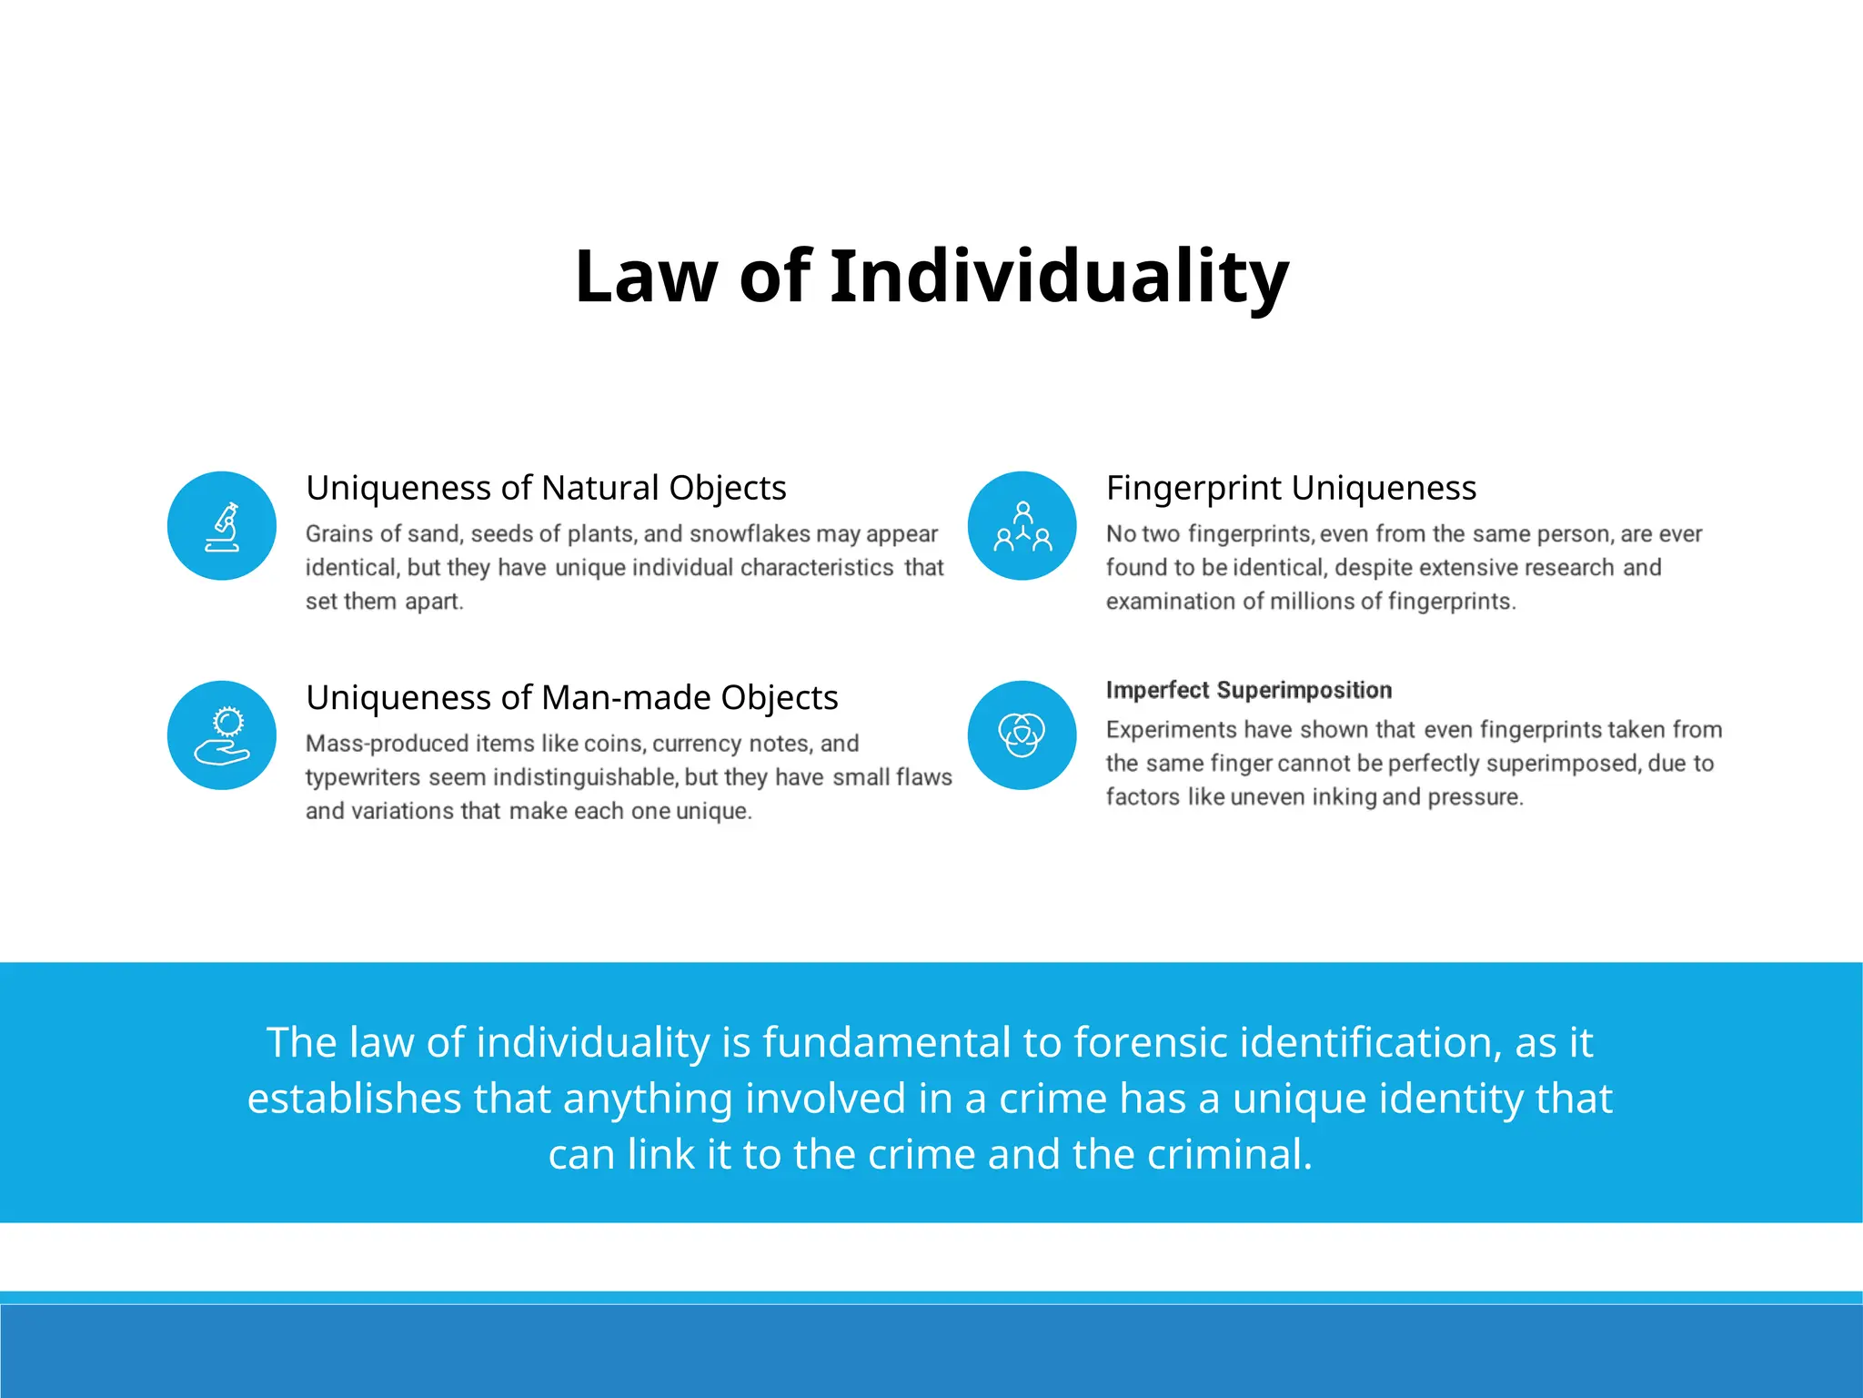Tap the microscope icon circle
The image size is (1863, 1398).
click(222, 526)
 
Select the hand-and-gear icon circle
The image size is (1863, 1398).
click(222, 735)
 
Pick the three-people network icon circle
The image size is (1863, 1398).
click(1022, 526)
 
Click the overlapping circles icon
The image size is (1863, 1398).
click(1022, 735)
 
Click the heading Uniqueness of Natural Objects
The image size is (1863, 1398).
click(546, 488)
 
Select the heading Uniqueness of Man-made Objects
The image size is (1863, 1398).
click(571, 697)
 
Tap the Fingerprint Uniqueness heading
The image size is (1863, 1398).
click(1291, 488)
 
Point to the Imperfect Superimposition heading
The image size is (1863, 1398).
click(1248, 690)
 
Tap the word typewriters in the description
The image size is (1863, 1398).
click(363, 777)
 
